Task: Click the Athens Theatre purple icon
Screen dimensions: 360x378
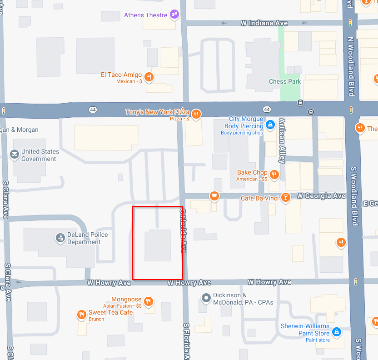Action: coord(174,15)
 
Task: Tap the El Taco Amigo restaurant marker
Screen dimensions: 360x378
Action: coord(148,76)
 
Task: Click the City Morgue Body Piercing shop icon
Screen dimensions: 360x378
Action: coord(270,124)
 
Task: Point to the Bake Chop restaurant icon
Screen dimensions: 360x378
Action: coord(274,174)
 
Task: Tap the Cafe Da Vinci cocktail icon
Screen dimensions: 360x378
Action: coord(285,198)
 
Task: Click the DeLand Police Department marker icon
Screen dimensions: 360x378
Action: coord(60,238)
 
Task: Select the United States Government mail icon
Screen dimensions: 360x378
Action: coord(15,155)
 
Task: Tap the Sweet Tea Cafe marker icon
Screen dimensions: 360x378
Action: coord(82,314)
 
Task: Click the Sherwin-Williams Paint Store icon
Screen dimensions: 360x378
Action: coord(337,332)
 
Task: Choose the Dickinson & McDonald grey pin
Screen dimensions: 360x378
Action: coord(206,298)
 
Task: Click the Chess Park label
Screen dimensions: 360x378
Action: coord(285,82)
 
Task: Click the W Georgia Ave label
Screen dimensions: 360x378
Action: coord(321,196)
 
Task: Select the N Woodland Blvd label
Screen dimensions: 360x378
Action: coord(350,66)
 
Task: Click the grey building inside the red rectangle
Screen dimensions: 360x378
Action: coord(158,245)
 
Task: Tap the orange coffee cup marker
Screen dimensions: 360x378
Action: coord(214,196)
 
